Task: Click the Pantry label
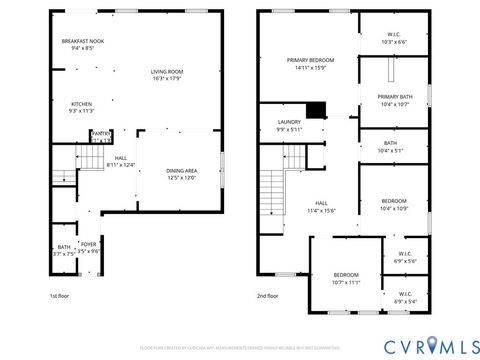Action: coord(101,135)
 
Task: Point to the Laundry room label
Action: coord(288,125)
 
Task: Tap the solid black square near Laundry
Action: coord(318,111)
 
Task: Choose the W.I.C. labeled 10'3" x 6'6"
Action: coord(394,37)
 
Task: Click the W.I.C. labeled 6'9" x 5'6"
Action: coord(405,257)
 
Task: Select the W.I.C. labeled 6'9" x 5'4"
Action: coord(405,297)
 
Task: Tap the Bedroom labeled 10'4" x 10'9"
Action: coord(394,204)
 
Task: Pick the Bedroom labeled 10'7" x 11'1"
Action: coord(345,278)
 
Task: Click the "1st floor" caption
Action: coord(60,296)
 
